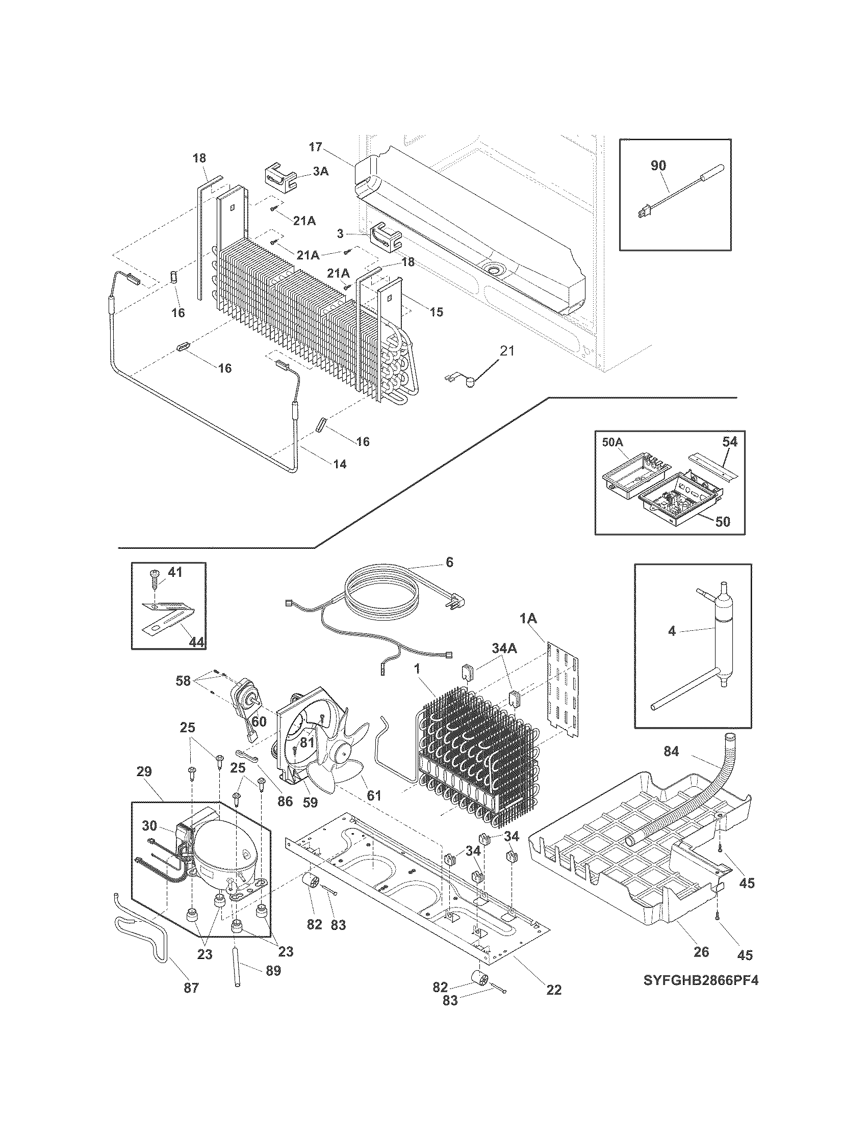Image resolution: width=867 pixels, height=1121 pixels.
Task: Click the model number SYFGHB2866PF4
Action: coord(701,981)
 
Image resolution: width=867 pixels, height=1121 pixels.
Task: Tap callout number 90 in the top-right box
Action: coord(658,165)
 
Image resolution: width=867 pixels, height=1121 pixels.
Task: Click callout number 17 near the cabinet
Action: coord(315,148)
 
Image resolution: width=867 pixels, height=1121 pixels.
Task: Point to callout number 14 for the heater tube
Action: coord(340,465)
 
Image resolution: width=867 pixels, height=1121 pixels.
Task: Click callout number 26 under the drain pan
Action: coord(701,952)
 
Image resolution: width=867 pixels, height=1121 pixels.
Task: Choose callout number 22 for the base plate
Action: coord(554,990)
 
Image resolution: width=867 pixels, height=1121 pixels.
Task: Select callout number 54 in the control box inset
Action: coord(729,442)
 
